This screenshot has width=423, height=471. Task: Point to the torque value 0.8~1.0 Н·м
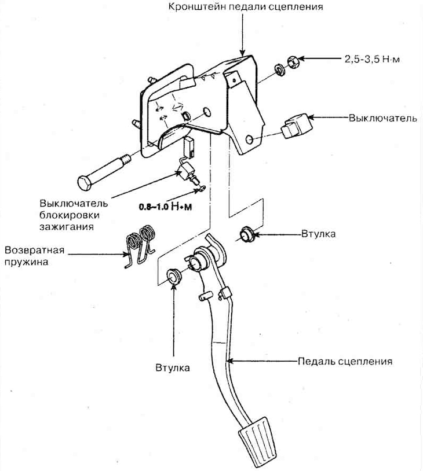165,205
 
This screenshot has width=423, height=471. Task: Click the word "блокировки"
67,215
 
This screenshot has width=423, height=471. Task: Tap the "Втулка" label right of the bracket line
319,234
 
